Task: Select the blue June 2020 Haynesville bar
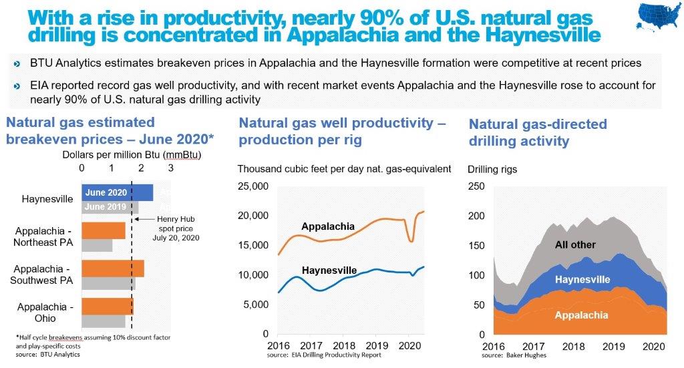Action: pos(118,192)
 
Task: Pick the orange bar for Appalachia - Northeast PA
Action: pos(104,230)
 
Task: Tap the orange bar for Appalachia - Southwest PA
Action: pos(113,268)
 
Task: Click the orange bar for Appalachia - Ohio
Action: pos(108,306)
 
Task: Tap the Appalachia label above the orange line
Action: pos(328,226)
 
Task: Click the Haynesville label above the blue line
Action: pos(329,270)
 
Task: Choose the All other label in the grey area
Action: pos(575,244)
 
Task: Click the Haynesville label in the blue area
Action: pos(582,279)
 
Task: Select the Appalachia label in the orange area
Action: pos(580,315)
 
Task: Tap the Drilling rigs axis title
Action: pos(493,169)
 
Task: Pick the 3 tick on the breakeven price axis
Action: pos(170,168)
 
